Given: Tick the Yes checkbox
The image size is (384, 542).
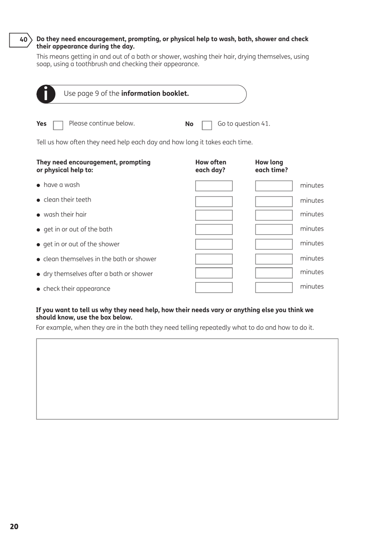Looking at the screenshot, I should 58,125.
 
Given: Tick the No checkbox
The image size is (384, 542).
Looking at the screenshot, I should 207,125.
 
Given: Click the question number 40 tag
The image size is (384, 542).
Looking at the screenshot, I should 21,40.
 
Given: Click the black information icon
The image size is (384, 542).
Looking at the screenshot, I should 46,94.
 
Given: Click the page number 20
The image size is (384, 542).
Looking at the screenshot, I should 14,526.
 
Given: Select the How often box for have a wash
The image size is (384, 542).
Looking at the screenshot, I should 214,186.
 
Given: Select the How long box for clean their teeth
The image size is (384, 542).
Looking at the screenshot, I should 274,201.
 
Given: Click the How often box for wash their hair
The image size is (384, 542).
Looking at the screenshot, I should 214,215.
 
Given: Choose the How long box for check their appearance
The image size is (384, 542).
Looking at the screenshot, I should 274,287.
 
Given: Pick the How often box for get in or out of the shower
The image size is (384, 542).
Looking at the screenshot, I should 214,244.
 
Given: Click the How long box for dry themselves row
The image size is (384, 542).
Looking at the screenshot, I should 274,273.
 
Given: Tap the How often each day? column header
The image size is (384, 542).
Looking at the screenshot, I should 211,166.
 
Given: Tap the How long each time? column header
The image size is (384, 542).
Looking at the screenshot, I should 271,166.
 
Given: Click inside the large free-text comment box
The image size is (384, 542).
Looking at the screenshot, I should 187,379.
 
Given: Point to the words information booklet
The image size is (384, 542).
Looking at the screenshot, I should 155,94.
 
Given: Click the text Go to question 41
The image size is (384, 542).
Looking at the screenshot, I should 244,124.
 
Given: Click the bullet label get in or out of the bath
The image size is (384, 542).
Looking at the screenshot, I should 78,229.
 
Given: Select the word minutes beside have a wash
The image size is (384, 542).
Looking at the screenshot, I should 312,186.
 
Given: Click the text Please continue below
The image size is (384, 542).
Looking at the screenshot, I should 102,124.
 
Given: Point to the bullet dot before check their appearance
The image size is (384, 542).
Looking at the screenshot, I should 38,289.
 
